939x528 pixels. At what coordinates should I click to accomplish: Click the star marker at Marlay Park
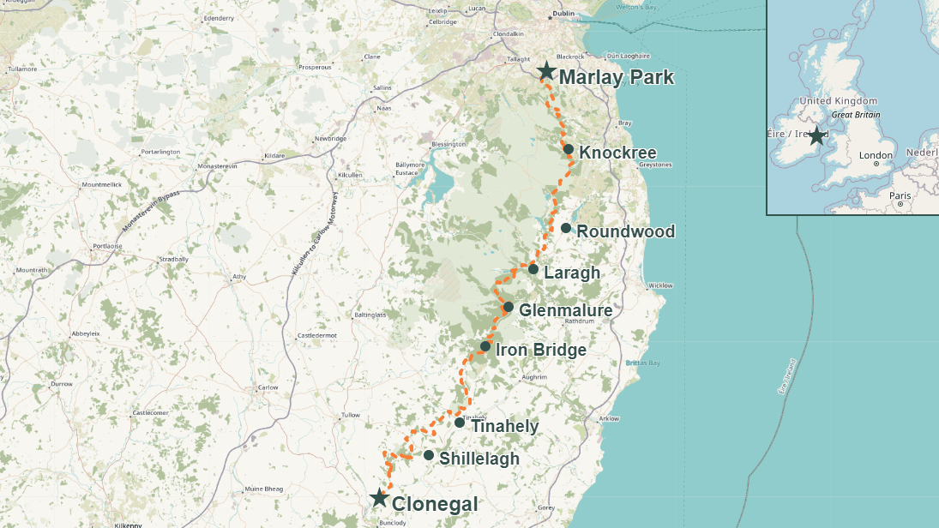click(545, 71)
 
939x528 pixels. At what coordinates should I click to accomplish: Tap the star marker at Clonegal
click(378, 498)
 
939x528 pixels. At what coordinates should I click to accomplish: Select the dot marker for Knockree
click(569, 149)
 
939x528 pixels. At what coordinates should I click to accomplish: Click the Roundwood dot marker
click(566, 228)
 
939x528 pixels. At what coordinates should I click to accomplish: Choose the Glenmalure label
click(566, 310)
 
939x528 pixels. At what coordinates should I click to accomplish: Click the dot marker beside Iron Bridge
click(485, 347)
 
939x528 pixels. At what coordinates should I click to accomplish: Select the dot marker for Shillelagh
click(429, 455)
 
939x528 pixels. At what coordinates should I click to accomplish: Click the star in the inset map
click(816, 135)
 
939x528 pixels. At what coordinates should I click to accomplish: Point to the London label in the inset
click(876, 156)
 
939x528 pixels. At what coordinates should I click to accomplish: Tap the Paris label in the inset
click(900, 195)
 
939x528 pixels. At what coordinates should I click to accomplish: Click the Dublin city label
click(563, 14)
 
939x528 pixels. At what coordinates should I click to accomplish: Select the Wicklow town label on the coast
click(661, 285)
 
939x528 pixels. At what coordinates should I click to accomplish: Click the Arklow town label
click(609, 418)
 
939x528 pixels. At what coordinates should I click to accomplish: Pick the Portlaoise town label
click(108, 246)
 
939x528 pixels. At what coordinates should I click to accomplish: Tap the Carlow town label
click(268, 387)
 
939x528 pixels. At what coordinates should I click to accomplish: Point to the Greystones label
click(656, 165)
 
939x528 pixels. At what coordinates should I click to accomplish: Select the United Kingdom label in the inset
click(838, 101)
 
